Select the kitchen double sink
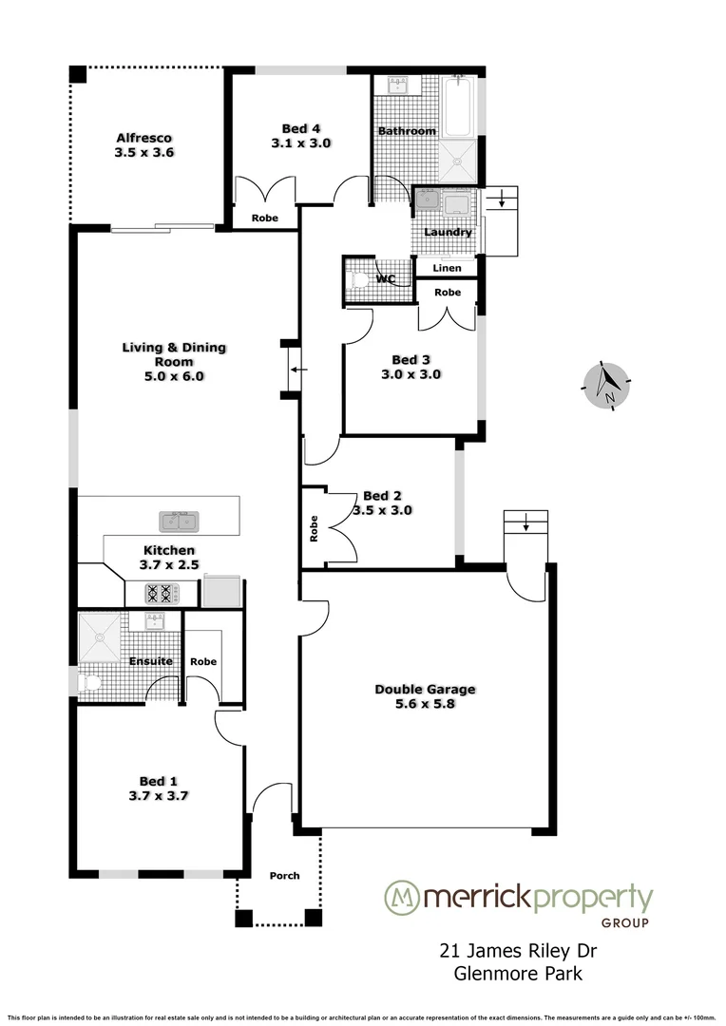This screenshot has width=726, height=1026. click(x=178, y=521)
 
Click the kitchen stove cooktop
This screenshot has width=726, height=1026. click(x=162, y=595)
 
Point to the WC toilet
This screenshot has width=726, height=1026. click(x=358, y=280)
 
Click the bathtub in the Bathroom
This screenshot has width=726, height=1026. click(x=458, y=107)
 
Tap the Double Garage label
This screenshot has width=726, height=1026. click(x=425, y=690)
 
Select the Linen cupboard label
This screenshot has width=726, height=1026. click(x=447, y=269)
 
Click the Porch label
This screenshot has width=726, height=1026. click(x=284, y=876)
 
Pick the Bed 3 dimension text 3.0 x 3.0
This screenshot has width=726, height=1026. click(x=418, y=374)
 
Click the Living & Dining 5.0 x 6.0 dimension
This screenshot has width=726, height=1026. click(x=174, y=376)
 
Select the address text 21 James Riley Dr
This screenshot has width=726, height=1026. click(x=517, y=950)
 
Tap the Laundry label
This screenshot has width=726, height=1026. click(x=448, y=232)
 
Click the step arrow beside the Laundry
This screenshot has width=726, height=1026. click(x=501, y=200)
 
